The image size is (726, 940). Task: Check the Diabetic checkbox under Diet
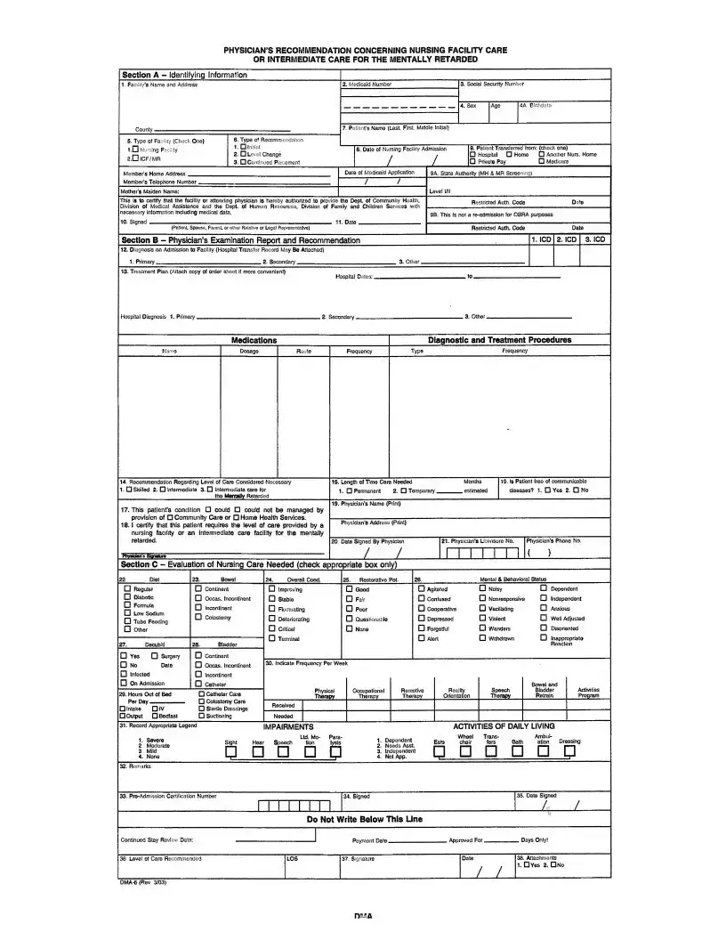(x=127, y=598)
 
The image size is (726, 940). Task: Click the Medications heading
(x=254, y=340)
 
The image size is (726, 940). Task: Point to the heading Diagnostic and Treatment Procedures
(x=500, y=340)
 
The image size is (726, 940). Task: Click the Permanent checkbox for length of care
(x=341, y=490)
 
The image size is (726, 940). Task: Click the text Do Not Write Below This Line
(x=365, y=819)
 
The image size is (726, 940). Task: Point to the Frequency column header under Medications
(x=359, y=352)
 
